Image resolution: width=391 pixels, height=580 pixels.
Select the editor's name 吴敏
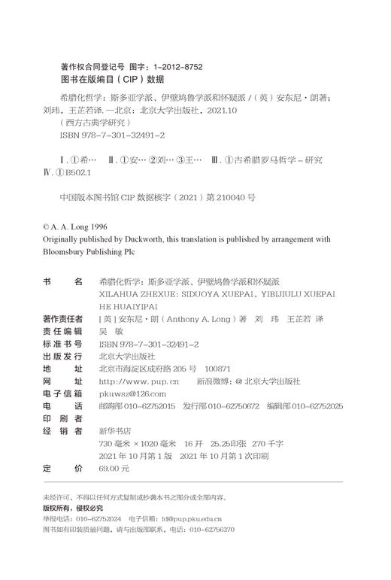(109, 332)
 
